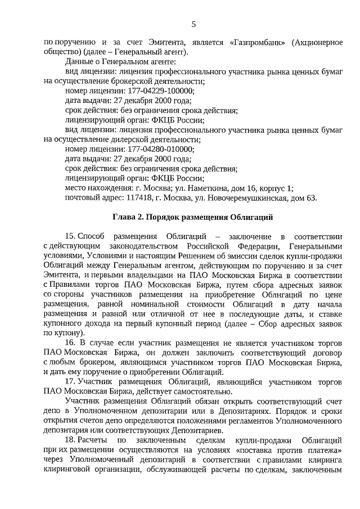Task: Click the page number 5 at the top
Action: point(193,24)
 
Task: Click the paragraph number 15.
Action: point(70,236)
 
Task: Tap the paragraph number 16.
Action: point(70,341)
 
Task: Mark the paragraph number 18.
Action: point(70,439)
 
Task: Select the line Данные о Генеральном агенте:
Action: point(120,61)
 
